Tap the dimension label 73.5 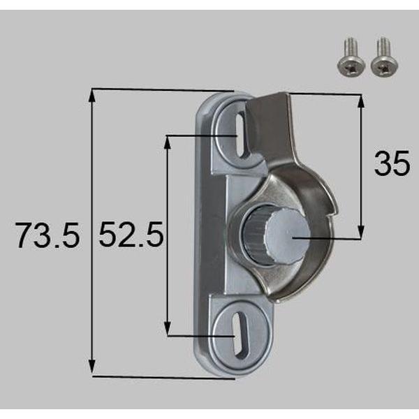click(46, 236)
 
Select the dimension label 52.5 click(131, 236)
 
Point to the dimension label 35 click(392, 166)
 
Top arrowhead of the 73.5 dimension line click(92, 94)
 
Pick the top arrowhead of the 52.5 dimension click(168, 139)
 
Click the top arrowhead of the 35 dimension click(361, 98)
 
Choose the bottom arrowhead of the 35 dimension click(361, 235)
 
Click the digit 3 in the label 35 click(382, 166)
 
